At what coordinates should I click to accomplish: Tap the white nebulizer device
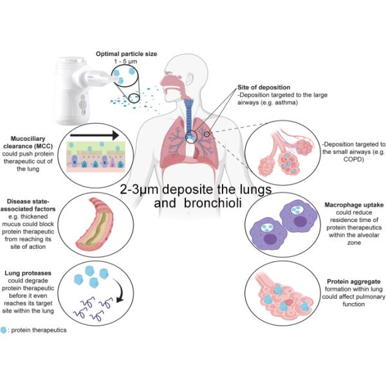pyautogui.click(x=73, y=91)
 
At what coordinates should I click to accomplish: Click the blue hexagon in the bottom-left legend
pyautogui.click(x=6, y=330)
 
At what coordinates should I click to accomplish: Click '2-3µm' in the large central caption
pyautogui.click(x=142, y=190)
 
